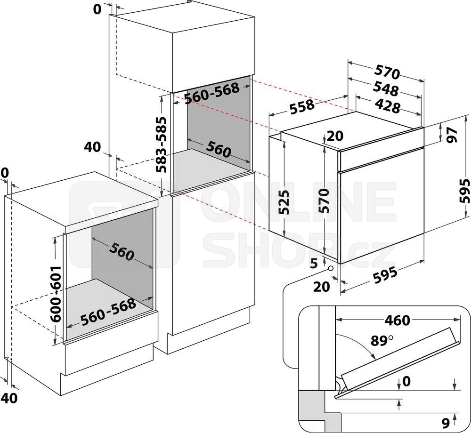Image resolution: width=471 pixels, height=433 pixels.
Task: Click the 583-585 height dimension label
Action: pos(161,144)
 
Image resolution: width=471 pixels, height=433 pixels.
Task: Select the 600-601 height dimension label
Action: pos(56,294)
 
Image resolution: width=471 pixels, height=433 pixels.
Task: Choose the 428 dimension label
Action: pos(388,106)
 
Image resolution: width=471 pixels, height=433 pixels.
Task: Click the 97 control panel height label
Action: pos(452,135)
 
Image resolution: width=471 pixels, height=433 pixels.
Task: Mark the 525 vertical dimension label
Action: pos(284,202)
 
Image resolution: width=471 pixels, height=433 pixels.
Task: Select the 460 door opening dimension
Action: pos(397,321)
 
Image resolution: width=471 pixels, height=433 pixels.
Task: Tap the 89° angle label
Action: pos(382,341)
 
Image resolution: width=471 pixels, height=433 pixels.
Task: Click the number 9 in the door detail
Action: pos(446,423)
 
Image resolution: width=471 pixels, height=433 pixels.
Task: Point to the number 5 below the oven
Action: pos(314,264)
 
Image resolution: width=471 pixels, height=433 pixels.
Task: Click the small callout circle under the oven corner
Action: pos(331,268)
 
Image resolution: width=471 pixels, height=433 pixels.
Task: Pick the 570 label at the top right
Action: pos(388,72)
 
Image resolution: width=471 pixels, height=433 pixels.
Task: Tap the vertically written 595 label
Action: pos(464,191)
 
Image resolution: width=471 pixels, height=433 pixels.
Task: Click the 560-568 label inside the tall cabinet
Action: pos(212,92)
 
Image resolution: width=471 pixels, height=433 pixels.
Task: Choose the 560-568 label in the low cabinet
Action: pos(108,312)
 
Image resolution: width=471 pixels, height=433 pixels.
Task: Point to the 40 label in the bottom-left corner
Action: pos(9,398)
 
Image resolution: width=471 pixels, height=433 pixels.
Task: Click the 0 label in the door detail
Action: pos(406,381)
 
